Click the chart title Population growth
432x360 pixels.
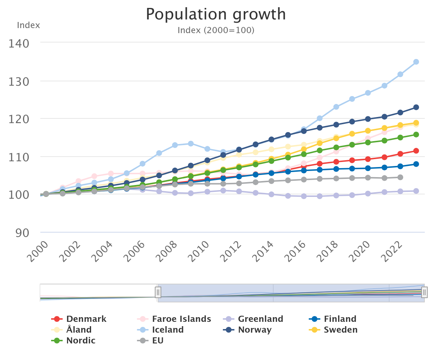216,14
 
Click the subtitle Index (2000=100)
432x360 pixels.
216,30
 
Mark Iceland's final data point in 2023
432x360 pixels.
416,62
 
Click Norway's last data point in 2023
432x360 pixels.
416,107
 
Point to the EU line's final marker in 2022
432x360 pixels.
400,177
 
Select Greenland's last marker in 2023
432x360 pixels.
416,191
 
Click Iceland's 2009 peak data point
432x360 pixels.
191,144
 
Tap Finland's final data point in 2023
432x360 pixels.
416,164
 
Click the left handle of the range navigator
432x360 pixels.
158,292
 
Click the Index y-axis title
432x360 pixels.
28,26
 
